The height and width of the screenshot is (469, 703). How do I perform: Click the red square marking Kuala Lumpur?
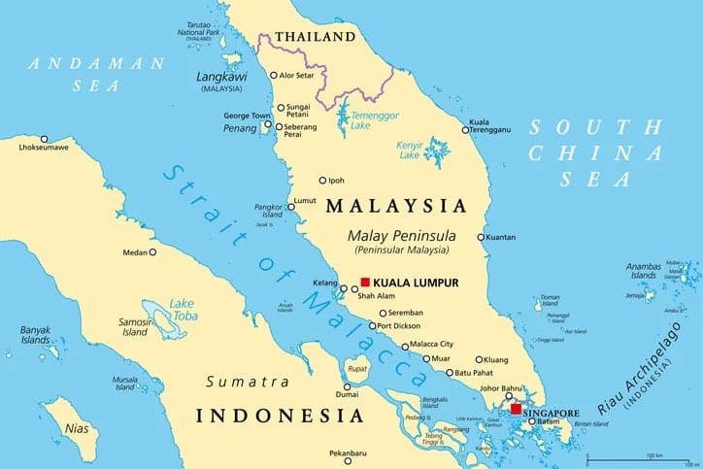[365, 282]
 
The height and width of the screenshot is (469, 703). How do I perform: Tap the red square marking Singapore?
[516, 410]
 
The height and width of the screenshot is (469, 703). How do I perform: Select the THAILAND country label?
[316, 37]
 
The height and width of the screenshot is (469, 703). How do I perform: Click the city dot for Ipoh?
[323, 180]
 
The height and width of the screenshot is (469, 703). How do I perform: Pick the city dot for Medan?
[152, 252]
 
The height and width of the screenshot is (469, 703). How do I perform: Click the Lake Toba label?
[182, 310]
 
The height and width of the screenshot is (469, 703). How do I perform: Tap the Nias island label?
[75, 427]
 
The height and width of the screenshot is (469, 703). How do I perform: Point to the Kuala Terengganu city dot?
[464, 129]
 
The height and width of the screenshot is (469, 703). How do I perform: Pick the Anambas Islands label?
[643, 272]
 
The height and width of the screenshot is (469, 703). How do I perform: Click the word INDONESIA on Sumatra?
[280, 416]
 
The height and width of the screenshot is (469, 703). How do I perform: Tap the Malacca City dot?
[405, 345]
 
